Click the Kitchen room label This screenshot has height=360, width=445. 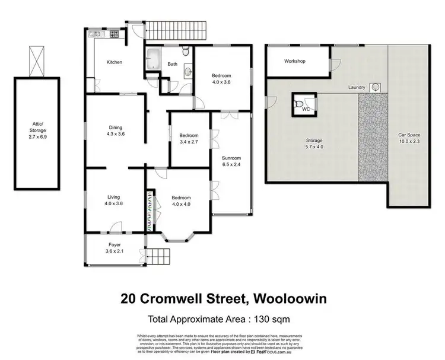pos(114,62)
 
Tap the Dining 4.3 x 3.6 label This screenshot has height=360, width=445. pos(116,130)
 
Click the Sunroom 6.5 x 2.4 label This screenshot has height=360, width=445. pos(231,161)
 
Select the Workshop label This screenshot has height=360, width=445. pos(294,61)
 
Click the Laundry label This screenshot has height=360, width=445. pos(357,88)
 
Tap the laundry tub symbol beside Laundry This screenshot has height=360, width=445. pos(375,88)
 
